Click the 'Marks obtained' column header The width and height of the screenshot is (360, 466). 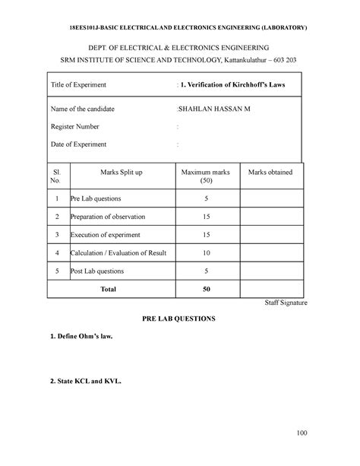pyautogui.click(x=270, y=173)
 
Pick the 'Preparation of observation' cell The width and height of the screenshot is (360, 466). pyautogui.click(x=111, y=217)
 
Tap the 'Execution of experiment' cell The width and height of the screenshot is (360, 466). pyautogui.click(x=107, y=235)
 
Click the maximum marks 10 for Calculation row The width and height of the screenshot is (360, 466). pyautogui.click(x=207, y=252)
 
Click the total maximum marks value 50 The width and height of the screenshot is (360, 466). pyautogui.click(x=207, y=289)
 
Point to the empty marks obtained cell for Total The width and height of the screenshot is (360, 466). pyautogui.click(x=270, y=289)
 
